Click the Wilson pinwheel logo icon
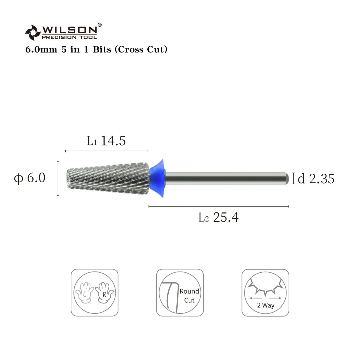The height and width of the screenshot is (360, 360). (x=32, y=32)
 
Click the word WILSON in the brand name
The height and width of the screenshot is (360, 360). (x=69, y=30)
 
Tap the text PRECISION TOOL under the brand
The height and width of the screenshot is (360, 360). (x=69, y=37)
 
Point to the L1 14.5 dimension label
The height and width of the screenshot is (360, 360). (x=106, y=141)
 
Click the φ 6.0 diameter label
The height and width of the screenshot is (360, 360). (x=30, y=178)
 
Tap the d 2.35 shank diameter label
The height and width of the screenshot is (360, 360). (x=316, y=179)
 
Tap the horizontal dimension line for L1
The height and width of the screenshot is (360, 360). (x=107, y=151)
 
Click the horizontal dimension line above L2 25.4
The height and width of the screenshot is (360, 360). (x=219, y=206)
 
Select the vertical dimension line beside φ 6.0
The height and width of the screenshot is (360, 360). (x=58, y=178)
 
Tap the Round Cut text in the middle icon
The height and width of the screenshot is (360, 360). (x=189, y=295)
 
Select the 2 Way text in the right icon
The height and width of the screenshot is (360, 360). (x=265, y=306)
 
